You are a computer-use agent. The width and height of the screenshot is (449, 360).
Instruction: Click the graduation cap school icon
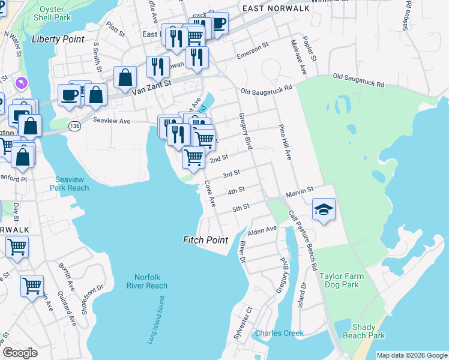tap(324, 209)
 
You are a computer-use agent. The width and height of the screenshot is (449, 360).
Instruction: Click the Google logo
tap(20, 353)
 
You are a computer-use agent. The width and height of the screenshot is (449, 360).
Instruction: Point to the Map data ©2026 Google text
tap(412, 355)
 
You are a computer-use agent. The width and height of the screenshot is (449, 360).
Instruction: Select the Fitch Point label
tap(205, 240)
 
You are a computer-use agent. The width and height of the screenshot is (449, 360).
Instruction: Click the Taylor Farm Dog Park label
tap(343, 281)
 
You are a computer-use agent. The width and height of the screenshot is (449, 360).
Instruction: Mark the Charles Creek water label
tap(279, 333)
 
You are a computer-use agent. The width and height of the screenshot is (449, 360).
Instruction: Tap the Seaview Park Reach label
tap(71, 184)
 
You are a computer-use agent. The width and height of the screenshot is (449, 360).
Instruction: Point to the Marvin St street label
tap(300, 190)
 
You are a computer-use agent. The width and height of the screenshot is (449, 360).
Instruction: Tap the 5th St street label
tap(241, 208)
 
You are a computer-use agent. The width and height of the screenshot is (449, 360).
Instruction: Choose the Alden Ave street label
tap(262, 230)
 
